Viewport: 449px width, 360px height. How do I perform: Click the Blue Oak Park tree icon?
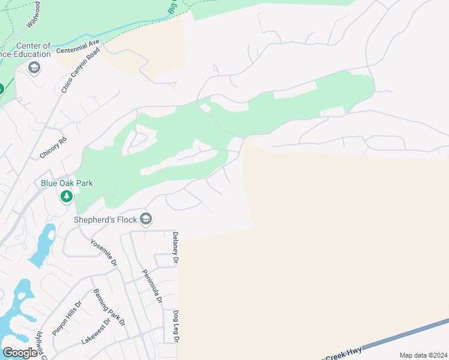pos(67,196)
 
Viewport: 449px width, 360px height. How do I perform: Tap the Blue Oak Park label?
pos(67,183)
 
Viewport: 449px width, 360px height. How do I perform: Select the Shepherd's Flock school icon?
pos(146,220)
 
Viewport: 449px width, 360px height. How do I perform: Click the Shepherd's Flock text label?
pos(105,220)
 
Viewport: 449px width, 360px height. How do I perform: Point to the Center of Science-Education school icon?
pos(34,67)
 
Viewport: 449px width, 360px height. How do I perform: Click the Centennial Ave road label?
pos(77,47)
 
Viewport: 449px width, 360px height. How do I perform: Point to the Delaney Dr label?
pos(176,248)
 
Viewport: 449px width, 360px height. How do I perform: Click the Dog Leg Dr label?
pos(176,327)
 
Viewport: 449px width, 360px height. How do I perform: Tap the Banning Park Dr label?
pos(109,307)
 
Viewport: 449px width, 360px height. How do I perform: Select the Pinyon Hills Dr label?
pos(67,319)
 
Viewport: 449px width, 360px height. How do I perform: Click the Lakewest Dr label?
pos(96,332)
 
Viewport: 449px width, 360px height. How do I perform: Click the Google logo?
pos(20,353)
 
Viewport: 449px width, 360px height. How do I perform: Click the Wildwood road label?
pos(34,13)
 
